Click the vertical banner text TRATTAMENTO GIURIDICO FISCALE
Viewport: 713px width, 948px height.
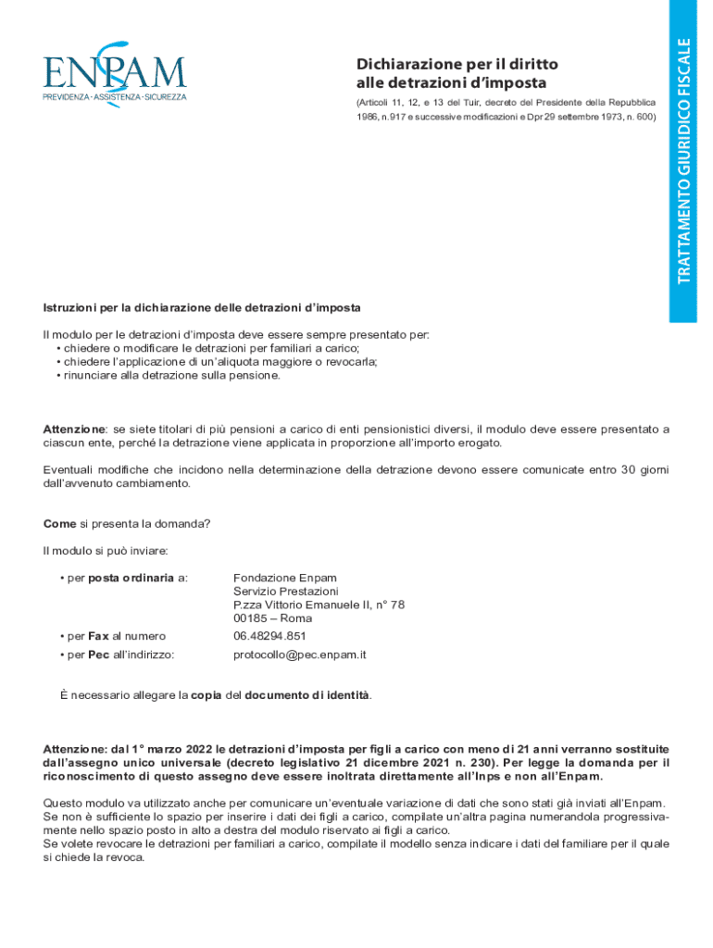point(683,161)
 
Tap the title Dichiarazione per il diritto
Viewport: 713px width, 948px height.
point(457,64)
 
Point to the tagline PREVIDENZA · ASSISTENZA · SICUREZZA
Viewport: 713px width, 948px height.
point(114,96)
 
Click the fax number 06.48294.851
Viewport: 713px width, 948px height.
point(269,636)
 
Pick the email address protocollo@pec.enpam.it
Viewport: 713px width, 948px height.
point(300,655)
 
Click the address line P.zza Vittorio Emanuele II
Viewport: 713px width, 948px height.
point(319,605)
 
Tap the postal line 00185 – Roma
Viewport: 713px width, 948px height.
point(272,618)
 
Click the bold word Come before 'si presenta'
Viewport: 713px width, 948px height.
point(59,523)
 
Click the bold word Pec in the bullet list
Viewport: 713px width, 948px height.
point(99,655)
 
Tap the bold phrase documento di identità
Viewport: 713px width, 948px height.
point(306,694)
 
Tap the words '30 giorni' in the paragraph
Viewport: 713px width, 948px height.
point(644,469)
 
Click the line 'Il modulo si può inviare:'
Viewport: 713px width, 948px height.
point(105,551)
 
